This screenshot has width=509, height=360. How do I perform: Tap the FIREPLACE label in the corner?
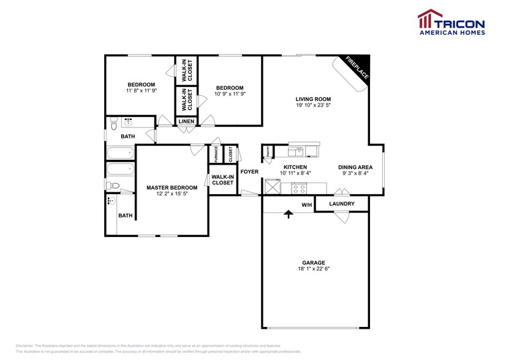356,67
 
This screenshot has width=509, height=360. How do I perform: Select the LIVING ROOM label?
313,99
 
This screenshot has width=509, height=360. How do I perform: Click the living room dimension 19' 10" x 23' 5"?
313,105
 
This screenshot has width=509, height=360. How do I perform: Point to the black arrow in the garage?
288,214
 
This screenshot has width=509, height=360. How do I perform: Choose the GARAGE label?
313,263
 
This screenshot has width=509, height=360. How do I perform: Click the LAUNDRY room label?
341,203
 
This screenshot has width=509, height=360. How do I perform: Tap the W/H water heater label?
306,205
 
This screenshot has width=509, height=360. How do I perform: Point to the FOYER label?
249,171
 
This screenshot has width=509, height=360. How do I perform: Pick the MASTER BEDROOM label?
172,187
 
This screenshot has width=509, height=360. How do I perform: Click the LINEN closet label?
187,121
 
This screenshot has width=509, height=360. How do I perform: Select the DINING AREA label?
355,167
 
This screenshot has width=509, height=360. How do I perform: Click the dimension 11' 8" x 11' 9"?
141,91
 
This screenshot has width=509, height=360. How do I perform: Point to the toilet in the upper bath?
113,126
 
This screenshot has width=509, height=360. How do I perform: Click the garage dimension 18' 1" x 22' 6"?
313,269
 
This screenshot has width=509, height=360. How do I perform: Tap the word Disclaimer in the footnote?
26,345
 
